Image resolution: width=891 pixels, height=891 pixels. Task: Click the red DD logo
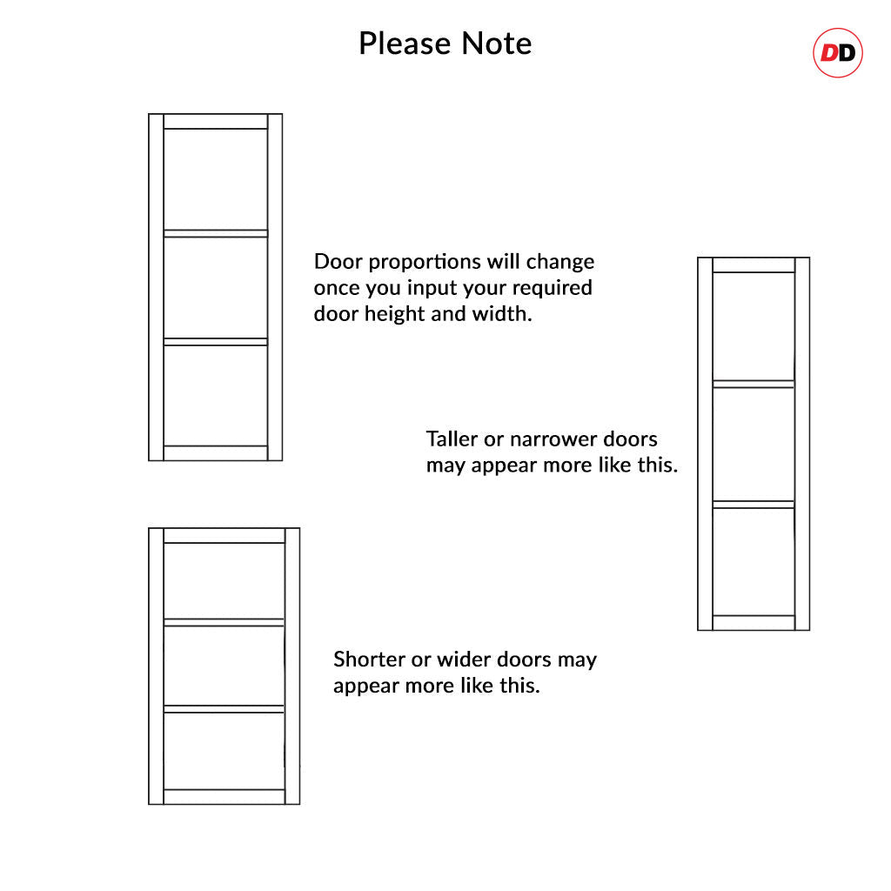838,53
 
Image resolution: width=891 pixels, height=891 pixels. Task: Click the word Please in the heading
405,44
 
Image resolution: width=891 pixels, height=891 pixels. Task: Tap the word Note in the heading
496,44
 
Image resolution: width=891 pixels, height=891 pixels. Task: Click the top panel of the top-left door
216,179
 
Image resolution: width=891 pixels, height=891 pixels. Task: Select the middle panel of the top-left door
216,287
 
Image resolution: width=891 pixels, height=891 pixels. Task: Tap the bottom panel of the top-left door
216,396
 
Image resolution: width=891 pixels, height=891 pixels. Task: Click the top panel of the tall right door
754,326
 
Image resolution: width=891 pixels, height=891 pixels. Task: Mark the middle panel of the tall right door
754,445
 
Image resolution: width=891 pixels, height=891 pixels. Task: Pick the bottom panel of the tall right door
754,561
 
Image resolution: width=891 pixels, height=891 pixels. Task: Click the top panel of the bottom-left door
224,580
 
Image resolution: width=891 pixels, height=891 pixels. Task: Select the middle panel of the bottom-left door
224,666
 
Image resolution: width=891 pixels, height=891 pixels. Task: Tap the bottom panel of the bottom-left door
224,751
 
